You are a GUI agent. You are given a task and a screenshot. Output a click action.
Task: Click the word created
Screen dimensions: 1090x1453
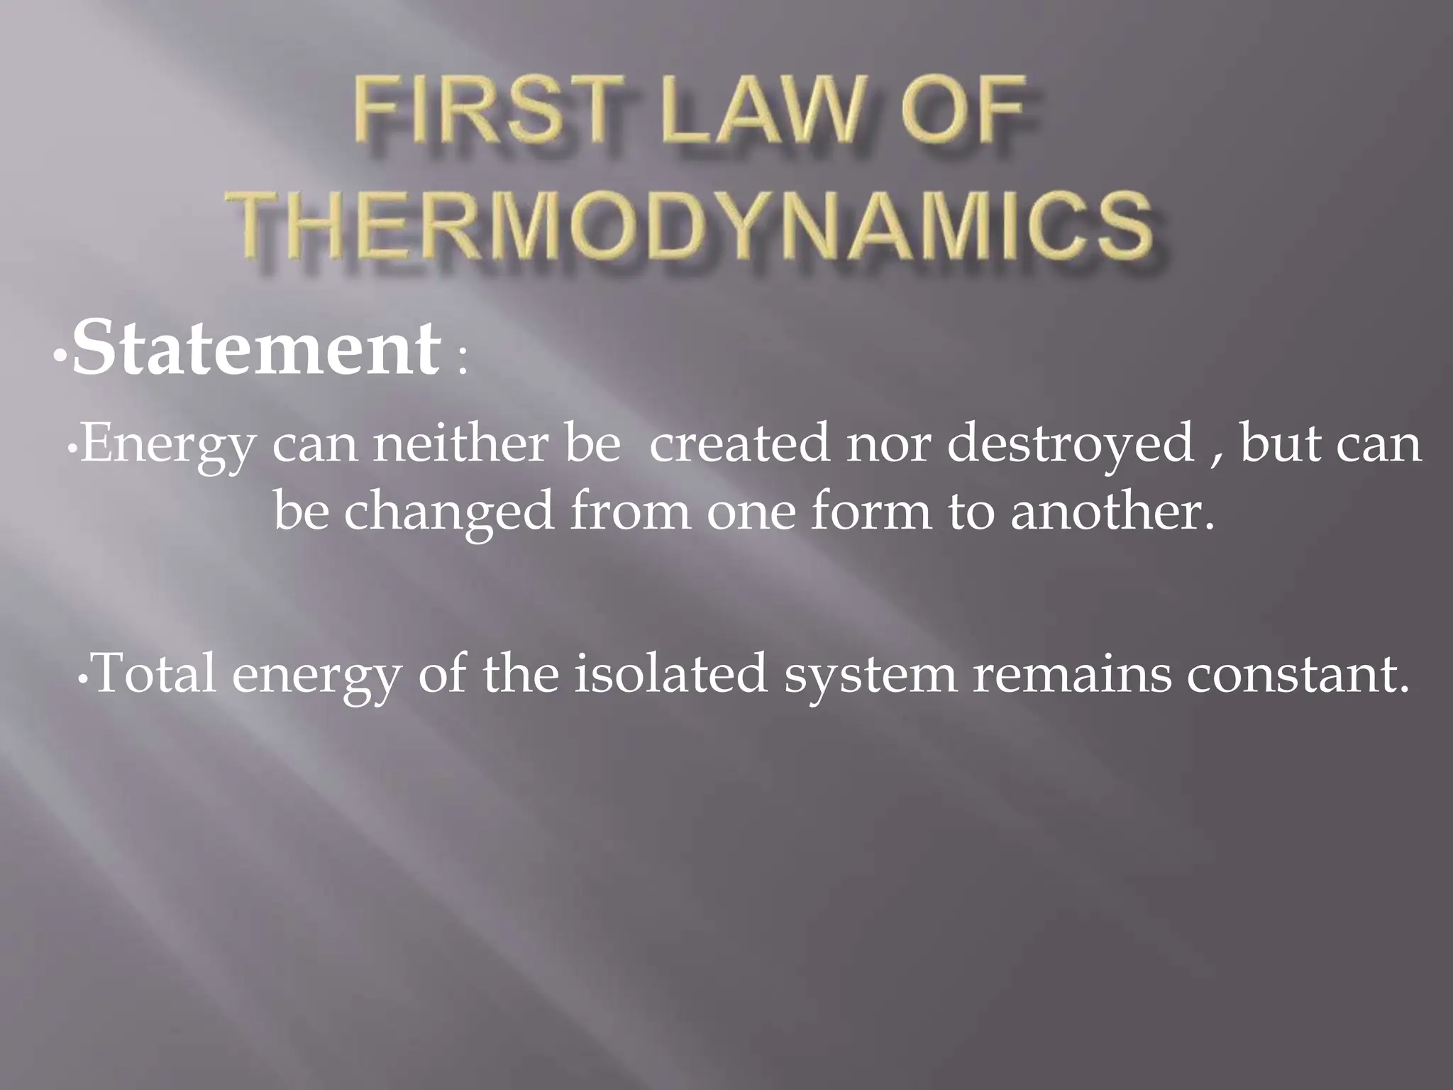tap(739, 445)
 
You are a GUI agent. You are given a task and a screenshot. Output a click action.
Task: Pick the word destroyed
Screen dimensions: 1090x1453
tap(1070, 445)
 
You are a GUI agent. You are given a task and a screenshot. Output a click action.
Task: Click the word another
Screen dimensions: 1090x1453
tap(1110, 512)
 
